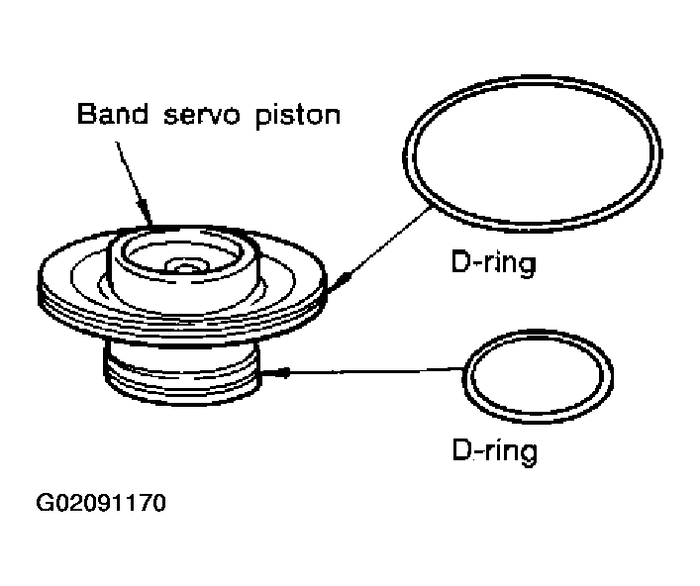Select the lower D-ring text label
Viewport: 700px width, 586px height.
point(494,451)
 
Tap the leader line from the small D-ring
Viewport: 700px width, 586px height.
point(376,372)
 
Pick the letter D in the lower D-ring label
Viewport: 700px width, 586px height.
point(460,451)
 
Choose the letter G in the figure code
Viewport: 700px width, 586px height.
point(46,503)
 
